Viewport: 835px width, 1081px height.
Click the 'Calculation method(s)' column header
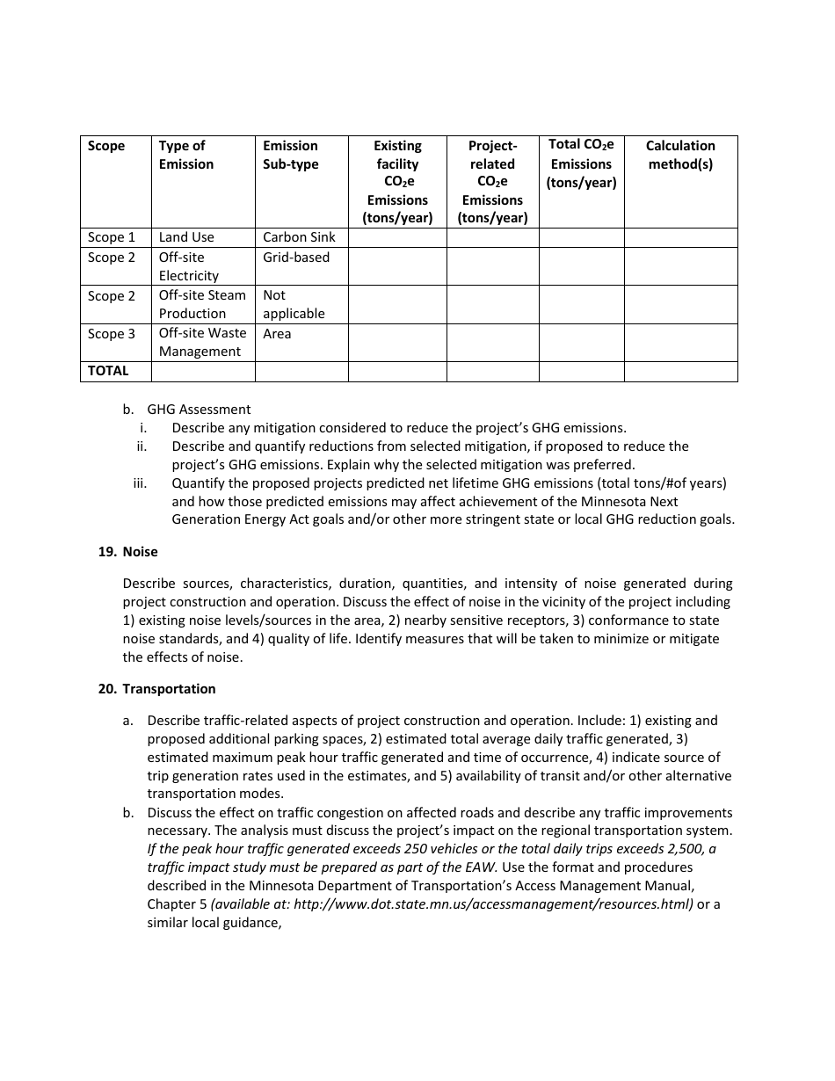[680, 155]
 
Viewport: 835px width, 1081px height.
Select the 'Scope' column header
[106, 146]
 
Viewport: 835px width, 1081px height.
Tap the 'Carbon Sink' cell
[298, 237]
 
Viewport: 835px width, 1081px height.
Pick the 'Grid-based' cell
[296, 258]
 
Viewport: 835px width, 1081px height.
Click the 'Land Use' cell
[186, 237]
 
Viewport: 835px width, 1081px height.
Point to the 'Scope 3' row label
[112, 334]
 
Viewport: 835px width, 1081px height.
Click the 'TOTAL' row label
[108, 371]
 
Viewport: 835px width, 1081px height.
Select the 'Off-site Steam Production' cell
[201, 304]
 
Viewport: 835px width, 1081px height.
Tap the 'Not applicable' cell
[294, 304]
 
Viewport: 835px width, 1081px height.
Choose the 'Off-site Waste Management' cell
[202, 342]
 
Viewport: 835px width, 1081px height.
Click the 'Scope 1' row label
[112, 237]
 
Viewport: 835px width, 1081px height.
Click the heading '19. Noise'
[128, 552]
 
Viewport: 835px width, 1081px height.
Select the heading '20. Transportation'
[157, 689]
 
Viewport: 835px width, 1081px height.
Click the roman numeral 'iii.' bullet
[140, 483]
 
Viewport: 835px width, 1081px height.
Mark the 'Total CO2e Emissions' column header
[581, 163]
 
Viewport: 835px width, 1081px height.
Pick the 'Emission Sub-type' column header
[291, 155]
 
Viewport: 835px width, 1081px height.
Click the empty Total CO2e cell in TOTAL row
[581, 372]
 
